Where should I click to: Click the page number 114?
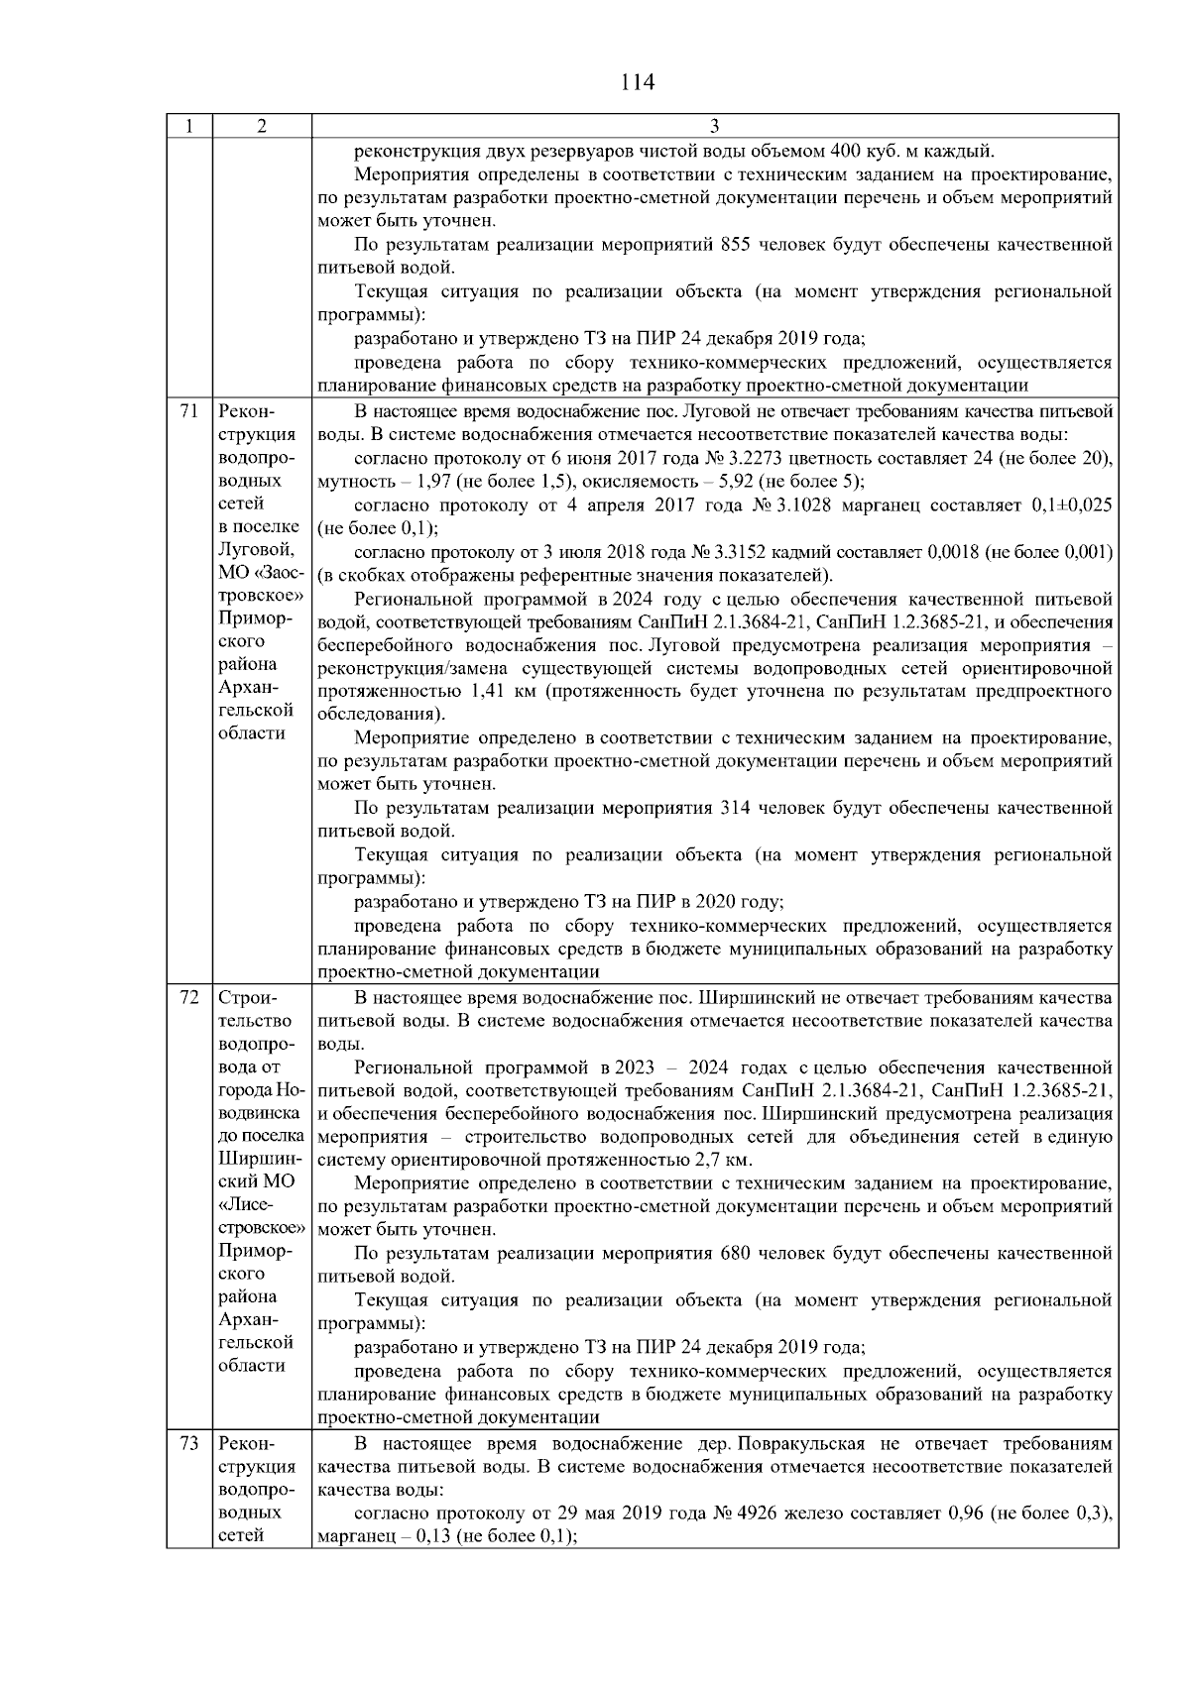[637, 82]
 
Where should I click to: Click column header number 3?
[715, 126]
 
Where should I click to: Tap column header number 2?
[261, 126]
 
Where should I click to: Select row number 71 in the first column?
[189, 411]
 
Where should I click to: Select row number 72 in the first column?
[189, 997]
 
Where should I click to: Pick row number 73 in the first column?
[189, 1443]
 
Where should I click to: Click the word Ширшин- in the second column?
[256, 1159]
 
